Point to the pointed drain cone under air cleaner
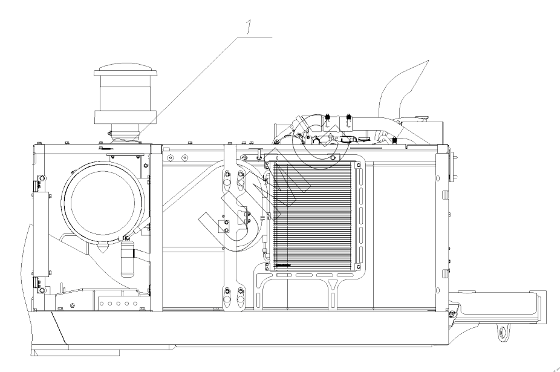(x=102, y=247)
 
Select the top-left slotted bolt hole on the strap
(x=228, y=176)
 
